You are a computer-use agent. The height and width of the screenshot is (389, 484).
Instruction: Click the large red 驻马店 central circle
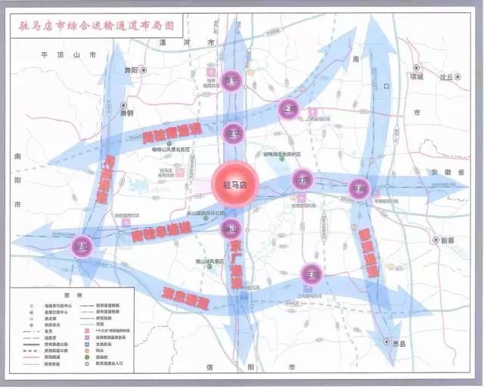pyautogui.click(x=235, y=184)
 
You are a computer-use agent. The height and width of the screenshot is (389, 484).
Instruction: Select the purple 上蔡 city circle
pyautogui.click(x=288, y=108)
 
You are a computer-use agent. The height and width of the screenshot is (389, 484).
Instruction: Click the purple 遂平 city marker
pyautogui.click(x=234, y=134)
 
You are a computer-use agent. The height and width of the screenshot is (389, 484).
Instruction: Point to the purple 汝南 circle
pyautogui.click(x=302, y=180)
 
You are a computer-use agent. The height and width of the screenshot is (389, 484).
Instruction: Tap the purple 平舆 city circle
pyautogui.click(x=358, y=187)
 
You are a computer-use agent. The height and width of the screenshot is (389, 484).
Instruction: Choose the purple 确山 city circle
pyautogui.click(x=231, y=229)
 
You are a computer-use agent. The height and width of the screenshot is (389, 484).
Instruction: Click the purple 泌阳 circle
pyautogui.click(x=82, y=246)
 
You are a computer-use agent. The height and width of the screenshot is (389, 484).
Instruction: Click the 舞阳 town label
pyautogui.click(x=131, y=69)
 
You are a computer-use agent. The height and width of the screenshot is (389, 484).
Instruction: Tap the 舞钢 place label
pyautogui.click(x=126, y=113)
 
